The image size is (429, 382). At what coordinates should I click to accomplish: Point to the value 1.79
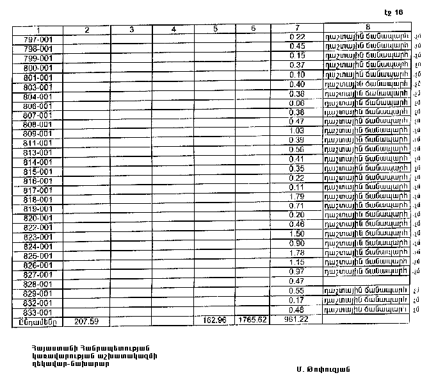pyautogui.click(x=296, y=196)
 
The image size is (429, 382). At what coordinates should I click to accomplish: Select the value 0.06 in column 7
pyautogui.click(x=296, y=103)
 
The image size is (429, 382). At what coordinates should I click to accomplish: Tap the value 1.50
pyautogui.click(x=296, y=234)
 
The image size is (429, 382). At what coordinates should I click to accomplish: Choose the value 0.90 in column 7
pyautogui.click(x=296, y=244)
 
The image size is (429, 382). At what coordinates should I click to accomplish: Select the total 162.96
pyautogui.click(x=214, y=319)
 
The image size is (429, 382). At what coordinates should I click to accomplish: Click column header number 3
pyautogui.click(x=131, y=29)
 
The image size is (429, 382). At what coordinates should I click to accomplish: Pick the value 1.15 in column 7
pyautogui.click(x=296, y=262)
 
